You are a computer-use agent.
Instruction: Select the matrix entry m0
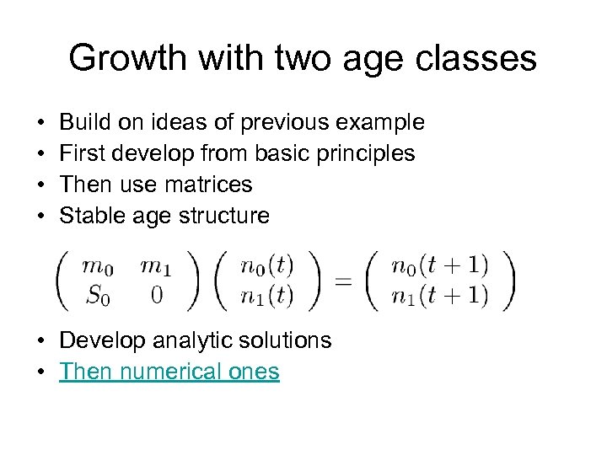[x=98, y=266]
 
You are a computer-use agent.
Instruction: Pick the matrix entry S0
[x=98, y=295]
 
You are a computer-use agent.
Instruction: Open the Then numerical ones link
[x=169, y=372]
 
